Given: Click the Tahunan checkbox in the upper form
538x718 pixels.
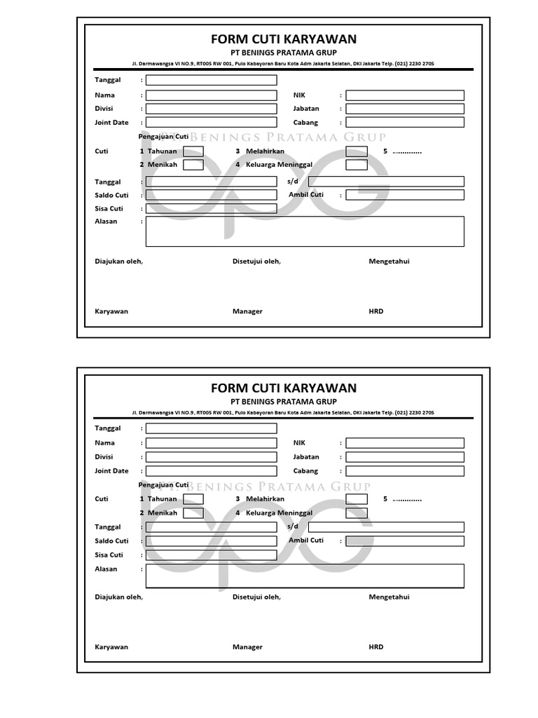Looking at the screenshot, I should click(x=193, y=151).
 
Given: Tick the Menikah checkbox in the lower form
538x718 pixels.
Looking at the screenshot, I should click(x=193, y=513).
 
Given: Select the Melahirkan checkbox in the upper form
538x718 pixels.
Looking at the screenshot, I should click(x=357, y=151).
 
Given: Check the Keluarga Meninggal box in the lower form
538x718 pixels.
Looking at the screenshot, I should click(x=357, y=513).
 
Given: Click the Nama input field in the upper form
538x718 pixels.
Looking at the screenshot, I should click(x=211, y=95).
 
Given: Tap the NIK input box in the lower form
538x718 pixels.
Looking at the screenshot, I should click(x=405, y=443).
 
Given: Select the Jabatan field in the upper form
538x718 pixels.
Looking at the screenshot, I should click(x=405, y=109).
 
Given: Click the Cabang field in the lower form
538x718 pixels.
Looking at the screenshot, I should click(x=405, y=471).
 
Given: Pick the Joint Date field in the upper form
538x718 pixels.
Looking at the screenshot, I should click(x=211, y=122).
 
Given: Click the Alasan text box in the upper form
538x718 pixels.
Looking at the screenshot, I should click(x=305, y=231).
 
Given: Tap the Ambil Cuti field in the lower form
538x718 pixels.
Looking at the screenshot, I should click(x=405, y=541).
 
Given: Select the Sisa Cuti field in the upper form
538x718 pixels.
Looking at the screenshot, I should click(x=211, y=208).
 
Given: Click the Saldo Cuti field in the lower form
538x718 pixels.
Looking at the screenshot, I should click(x=211, y=541).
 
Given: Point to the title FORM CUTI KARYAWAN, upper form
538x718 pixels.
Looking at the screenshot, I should click(x=284, y=39).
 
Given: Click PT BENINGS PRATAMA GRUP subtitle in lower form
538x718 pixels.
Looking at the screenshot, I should click(x=284, y=402).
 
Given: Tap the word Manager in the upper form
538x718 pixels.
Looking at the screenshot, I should click(x=247, y=311).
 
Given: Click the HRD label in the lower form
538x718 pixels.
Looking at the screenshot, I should click(x=376, y=647).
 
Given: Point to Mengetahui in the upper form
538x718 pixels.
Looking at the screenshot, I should click(x=389, y=262).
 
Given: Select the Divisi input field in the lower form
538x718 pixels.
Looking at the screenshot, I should click(x=211, y=456).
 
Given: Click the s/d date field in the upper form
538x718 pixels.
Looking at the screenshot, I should click(x=386, y=182).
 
